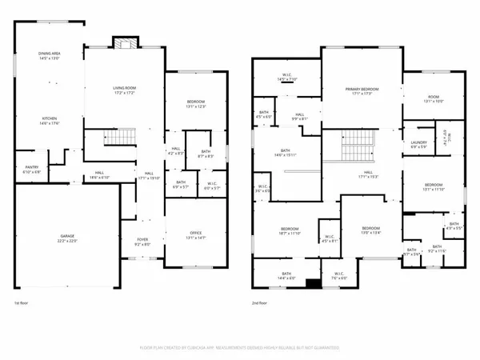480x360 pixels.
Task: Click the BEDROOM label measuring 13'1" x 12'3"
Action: point(196,102)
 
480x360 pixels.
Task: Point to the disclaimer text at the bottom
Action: point(240,348)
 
